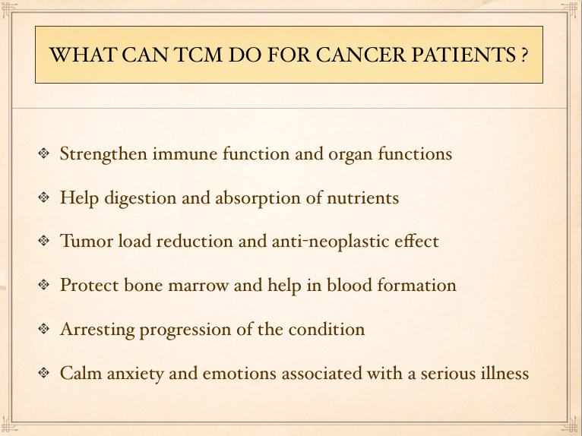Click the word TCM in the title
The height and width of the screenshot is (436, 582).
tap(198, 55)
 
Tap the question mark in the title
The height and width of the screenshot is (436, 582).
tap(523, 55)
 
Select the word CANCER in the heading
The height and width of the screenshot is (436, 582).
tap(361, 55)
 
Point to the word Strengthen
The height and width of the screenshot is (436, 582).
tap(103, 154)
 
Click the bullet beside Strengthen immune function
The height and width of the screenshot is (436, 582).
tap(44, 153)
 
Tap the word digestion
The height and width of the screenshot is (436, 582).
tap(141, 198)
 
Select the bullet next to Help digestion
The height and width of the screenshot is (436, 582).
tap(44, 197)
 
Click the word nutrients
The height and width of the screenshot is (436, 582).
tap(363, 198)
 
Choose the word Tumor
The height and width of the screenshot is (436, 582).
tap(87, 241)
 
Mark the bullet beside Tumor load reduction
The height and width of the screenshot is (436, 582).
tap(44, 241)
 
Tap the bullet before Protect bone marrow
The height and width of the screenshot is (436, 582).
tap(44, 284)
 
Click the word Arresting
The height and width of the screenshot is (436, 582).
tap(97, 330)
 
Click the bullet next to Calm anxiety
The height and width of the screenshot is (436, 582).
tap(44, 372)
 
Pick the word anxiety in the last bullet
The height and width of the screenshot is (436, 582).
tap(135, 374)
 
